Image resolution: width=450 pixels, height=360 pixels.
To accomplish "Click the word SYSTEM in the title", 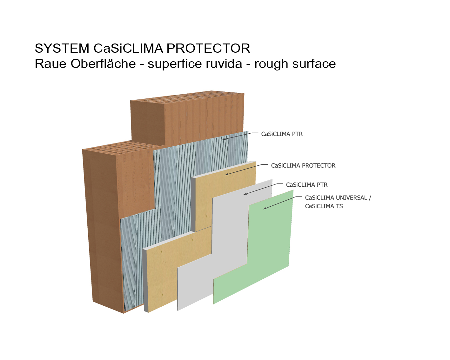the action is click(x=62, y=48).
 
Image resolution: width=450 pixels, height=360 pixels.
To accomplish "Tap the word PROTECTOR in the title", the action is click(x=208, y=48).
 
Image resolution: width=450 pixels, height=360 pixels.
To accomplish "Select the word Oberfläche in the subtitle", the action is click(x=103, y=63).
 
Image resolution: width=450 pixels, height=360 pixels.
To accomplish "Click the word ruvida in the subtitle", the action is click(x=224, y=63).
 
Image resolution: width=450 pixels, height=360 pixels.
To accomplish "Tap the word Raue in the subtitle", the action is click(x=50, y=63).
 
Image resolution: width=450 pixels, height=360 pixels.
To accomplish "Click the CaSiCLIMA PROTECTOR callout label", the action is click(x=303, y=166).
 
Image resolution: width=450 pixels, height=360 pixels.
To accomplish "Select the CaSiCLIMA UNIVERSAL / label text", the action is click(x=338, y=197).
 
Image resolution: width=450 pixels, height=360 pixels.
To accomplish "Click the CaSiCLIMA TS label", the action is click(x=324, y=206).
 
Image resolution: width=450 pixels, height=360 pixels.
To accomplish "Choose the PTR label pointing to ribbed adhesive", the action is click(x=282, y=134).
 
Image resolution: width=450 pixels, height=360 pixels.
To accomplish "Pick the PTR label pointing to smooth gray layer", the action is click(x=306, y=185).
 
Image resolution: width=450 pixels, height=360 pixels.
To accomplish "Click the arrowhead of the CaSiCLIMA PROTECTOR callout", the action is click(x=227, y=174).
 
